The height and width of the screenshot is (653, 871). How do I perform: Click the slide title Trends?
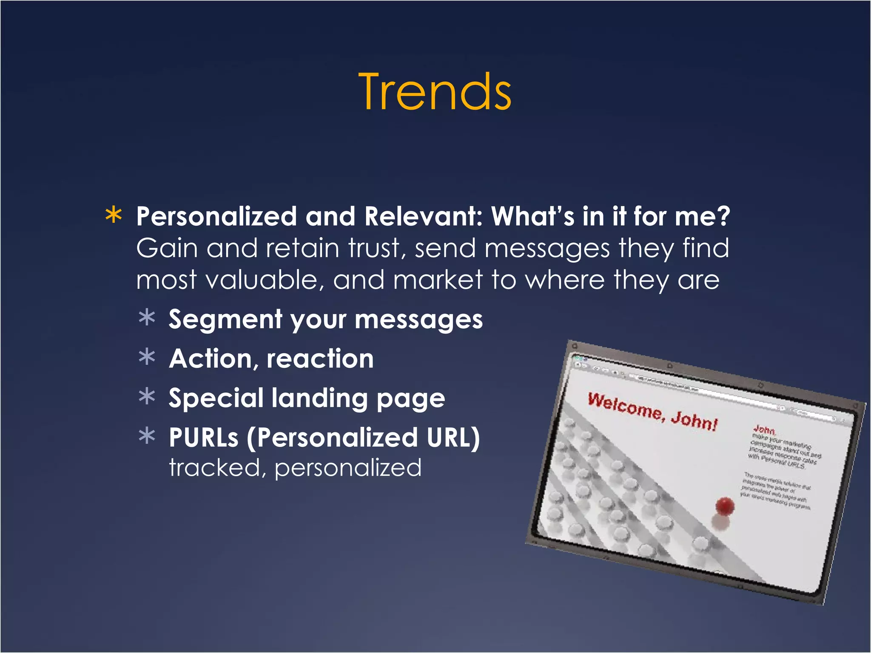(x=435, y=92)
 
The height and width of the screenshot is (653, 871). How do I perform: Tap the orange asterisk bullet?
(x=114, y=216)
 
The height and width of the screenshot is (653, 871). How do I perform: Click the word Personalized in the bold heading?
(x=216, y=216)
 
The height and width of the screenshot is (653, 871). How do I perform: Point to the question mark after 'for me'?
(x=722, y=216)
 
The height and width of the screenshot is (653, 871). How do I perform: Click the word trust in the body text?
(x=375, y=248)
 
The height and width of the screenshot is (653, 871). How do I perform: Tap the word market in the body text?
(x=438, y=281)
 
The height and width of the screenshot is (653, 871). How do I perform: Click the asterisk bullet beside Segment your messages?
(x=147, y=318)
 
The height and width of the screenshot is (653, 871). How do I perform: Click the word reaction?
(x=320, y=359)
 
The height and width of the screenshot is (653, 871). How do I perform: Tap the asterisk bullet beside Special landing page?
(x=147, y=397)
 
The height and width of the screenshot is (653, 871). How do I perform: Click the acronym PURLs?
(x=204, y=437)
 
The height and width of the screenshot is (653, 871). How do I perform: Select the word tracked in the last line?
(x=214, y=468)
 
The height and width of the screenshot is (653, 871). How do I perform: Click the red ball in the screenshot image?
(x=725, y=506)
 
